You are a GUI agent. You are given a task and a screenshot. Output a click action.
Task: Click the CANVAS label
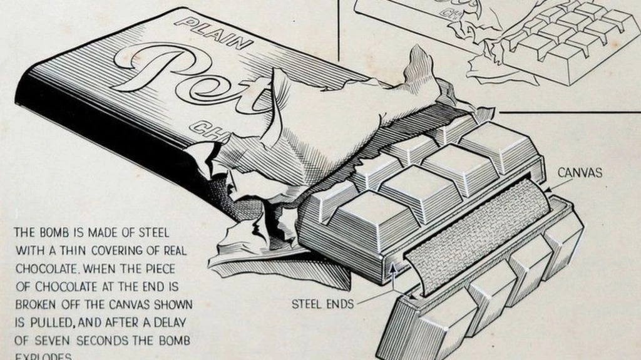(x=580, y=172)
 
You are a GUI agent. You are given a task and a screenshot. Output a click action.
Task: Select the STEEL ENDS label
(x=323, y=305)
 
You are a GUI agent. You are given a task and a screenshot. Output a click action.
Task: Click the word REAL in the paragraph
(x=170, y=250)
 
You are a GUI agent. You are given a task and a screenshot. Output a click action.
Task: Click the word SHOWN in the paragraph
(x=172, y=304)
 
